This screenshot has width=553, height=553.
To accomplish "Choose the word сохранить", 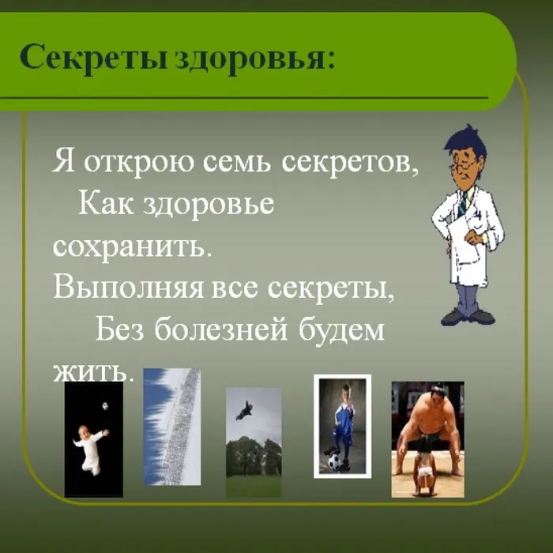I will click(x=133, y=245).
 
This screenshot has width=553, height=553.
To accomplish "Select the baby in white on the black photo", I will click(x=89, y=446).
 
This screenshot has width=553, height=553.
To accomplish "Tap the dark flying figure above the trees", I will click(x=246, y=409).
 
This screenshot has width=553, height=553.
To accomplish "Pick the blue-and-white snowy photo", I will click(x=171, y=427).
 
